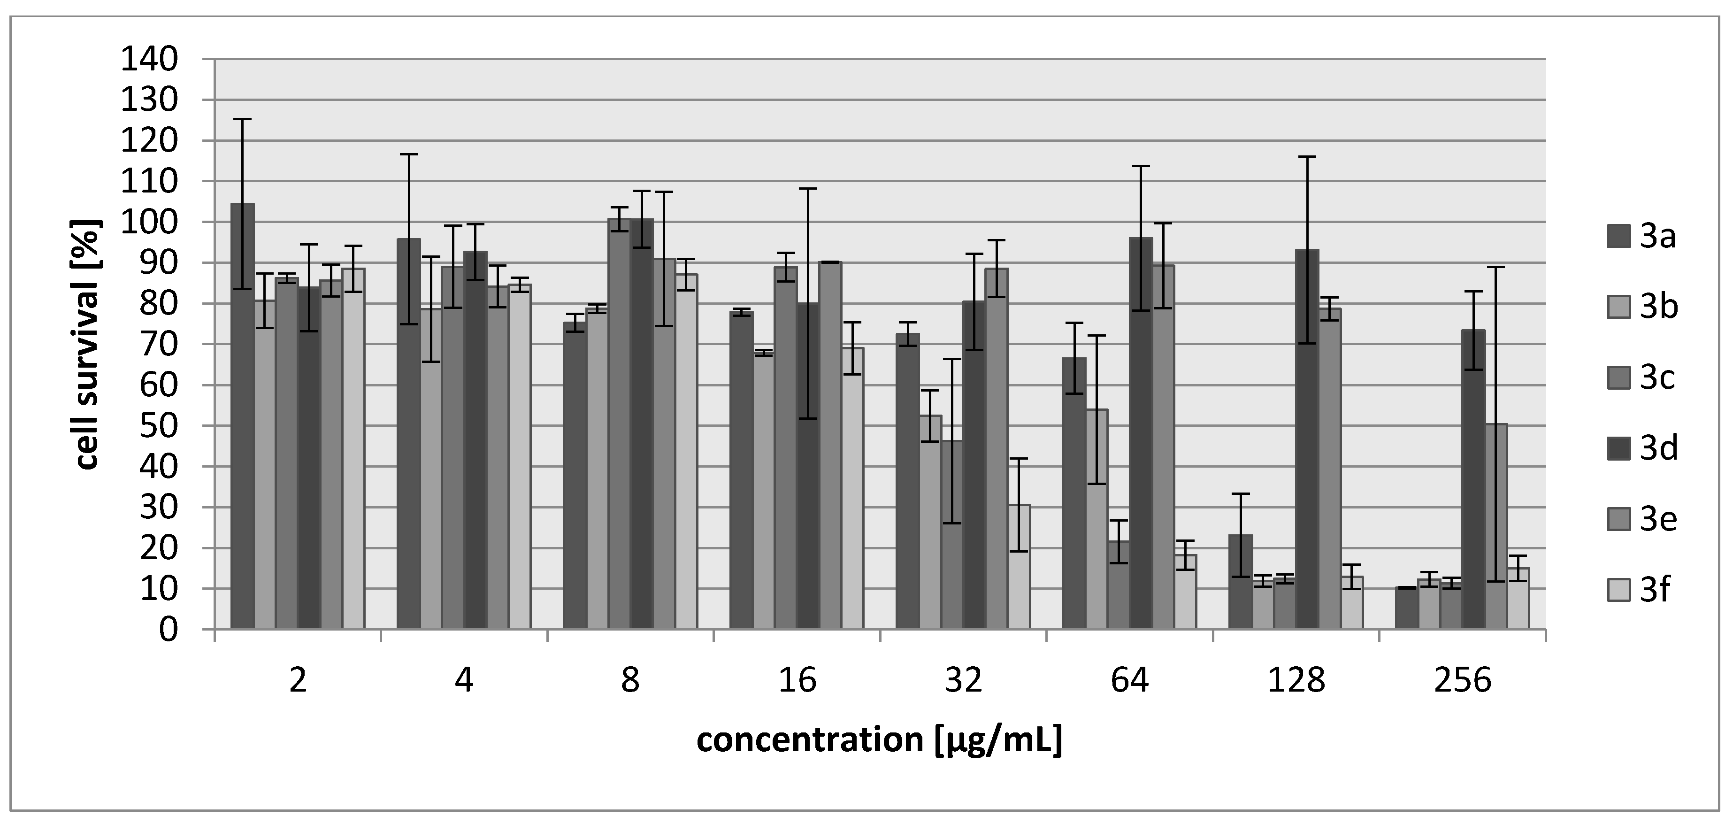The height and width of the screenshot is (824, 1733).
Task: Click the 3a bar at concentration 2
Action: click(242, 417)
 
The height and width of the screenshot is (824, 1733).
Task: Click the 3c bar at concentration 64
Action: click(1118, 585)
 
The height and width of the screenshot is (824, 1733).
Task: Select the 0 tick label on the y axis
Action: click(168, 630)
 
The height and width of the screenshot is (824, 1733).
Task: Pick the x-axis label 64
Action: click(1129, 681)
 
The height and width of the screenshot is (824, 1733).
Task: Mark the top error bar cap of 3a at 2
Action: click(242, 119)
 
